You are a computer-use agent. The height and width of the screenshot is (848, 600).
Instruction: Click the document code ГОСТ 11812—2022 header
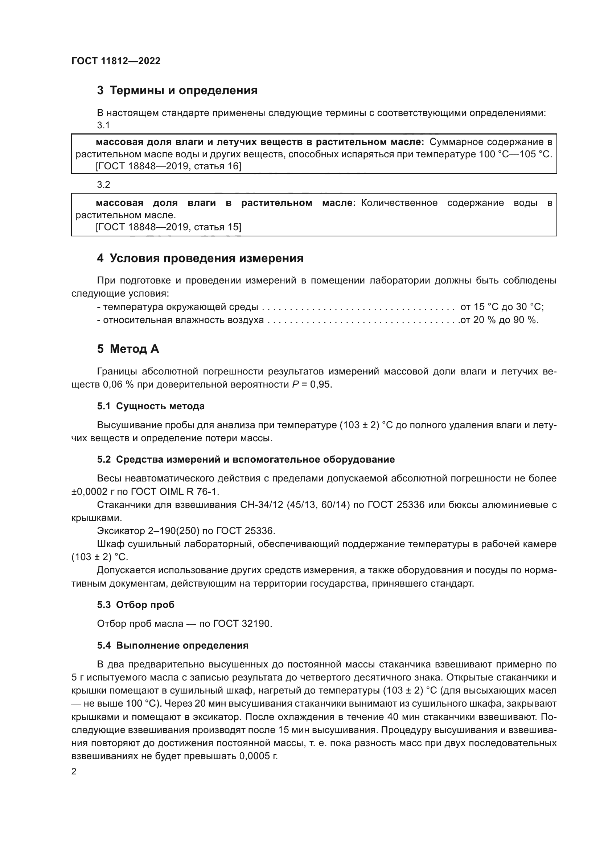116,61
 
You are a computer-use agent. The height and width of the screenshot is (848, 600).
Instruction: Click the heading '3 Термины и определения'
177,91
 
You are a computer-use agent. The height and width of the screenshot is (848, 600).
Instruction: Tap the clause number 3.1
103,125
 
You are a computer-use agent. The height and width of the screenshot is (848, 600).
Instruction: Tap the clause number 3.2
103,185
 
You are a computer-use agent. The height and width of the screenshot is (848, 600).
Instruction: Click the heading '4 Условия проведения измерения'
200,258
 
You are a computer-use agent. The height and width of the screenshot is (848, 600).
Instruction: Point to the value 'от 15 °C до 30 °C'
501,307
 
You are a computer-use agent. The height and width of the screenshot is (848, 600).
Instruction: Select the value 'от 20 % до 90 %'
499,320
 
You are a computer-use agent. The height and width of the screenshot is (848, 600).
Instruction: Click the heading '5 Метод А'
128,349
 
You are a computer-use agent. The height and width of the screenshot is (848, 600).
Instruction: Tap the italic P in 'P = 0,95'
295,385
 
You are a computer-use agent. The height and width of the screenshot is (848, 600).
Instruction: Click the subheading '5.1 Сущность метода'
151,406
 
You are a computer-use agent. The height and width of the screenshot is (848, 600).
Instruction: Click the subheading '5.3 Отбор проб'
136,605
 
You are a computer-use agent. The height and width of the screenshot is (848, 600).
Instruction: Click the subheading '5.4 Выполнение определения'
173,646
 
